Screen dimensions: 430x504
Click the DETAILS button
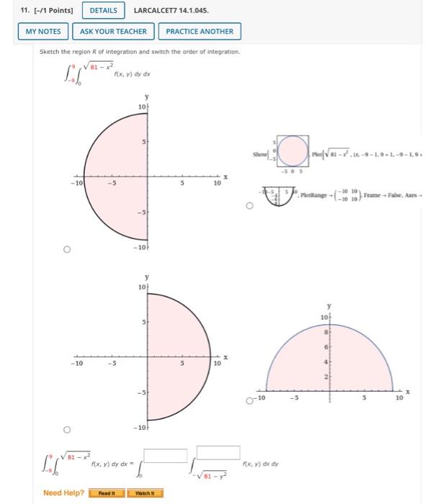pos(102,10)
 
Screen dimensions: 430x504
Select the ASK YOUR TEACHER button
pos(113,32)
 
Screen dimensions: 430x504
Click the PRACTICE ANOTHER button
pos(200,32)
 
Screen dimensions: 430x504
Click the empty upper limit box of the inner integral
pos(218,452)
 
